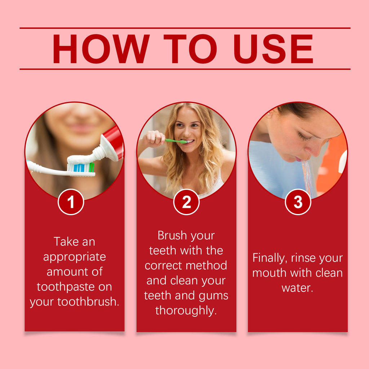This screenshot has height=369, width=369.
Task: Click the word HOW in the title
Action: pyautogui.click(x=101, y=49)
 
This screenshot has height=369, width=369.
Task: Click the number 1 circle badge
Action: pyautogui.click(x=71, y=202)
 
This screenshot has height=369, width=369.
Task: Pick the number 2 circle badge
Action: pyautogui.click(x=186, y=202)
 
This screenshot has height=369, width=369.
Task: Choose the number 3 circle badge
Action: pyautogui.click(x=298, y=202)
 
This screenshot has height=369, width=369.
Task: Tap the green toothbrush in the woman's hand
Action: pyautogui.click(x=175, y=141)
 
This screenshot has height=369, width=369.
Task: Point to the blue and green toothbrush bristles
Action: pyautogui.click(x=81, y=167)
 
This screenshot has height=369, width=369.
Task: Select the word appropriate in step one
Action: pyautogui.click(x=75, y=257)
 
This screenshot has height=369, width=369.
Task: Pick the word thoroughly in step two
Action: pyautogui.click(x=186, y=310)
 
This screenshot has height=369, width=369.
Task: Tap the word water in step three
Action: pyautogui.click(x=297, y=288)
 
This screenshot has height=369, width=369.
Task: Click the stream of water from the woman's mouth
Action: pyautogui.click(x=307, y=177)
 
